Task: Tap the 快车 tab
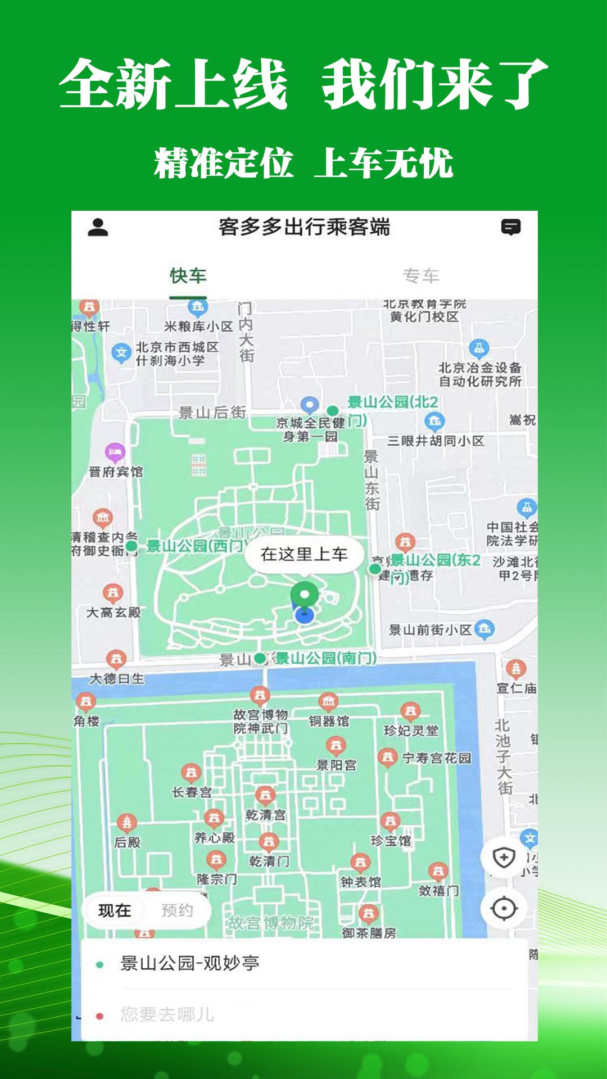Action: (188, 276)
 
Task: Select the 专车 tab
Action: (420, 276)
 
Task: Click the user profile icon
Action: (98, 227)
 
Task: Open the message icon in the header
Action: (510, 227)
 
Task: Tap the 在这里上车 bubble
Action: (304, 554)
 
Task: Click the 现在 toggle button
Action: (115, 910)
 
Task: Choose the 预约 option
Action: (177, 910)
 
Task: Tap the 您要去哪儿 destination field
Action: (167, 1014)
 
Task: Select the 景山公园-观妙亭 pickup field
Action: (189, 963)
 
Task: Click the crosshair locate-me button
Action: (504, 909)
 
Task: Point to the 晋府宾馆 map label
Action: (116, 472)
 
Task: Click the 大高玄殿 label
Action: (114, 612)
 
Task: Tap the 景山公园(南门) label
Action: (325, 658)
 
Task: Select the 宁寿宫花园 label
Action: (437, 758)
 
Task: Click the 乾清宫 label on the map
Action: (265, 814)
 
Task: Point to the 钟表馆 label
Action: (360, 882)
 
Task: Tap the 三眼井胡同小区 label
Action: (436, 441)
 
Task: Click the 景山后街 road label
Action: (212, 412)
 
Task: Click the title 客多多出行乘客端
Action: (304, 227)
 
